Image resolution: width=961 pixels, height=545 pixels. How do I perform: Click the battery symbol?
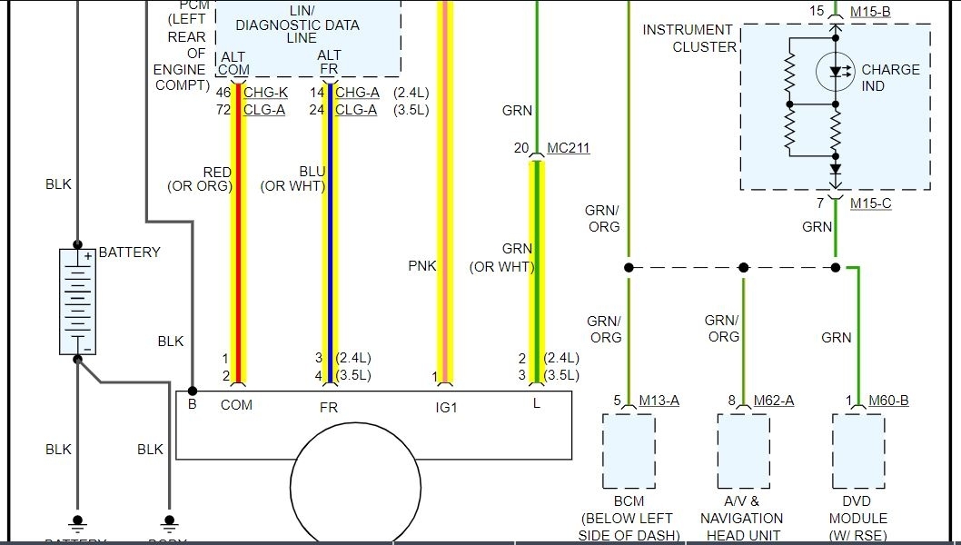[x=77, y=301]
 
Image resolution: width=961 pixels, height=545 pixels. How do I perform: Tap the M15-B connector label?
[x=870, y=12]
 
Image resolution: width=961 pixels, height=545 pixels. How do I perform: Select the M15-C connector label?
[x=870, y=203]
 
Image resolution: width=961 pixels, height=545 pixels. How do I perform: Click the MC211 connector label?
[x=568, y=147]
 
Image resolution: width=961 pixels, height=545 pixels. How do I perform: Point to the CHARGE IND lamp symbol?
[x=834, y=71]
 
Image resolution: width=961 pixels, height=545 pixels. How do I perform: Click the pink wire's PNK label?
[x=422, y=266]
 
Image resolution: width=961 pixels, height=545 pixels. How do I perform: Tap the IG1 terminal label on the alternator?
[x=446, y=408]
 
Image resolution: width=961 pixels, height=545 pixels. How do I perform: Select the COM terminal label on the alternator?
[x=236, y=404]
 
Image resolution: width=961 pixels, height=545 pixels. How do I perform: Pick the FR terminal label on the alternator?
[x=328, y=408]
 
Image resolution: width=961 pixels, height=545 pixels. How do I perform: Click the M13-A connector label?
[x=659, y=401]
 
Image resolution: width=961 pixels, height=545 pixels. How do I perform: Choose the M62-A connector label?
[x=774, y=401]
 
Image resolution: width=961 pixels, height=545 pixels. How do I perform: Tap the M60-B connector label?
[x=889, y=401]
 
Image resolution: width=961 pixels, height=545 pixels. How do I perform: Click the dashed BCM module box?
[x=629, y=451]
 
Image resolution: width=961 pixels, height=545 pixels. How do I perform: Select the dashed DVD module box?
[x=858, y=451]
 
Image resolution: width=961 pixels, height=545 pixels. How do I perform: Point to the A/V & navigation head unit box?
[x=743, y=451]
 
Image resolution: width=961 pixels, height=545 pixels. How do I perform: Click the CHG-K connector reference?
[x=264, y=92]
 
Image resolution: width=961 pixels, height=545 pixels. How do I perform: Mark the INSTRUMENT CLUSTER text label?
[x=689, y=38]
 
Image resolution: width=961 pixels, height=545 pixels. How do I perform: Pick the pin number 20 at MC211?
[x=521, y=147]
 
